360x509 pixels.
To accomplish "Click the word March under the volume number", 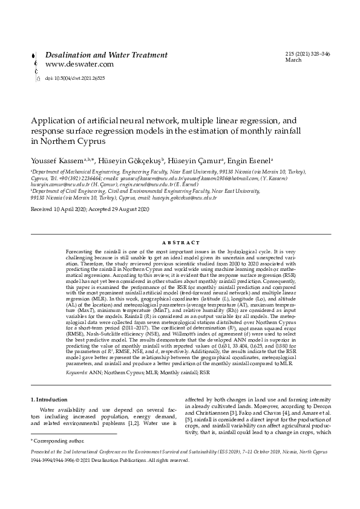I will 293,61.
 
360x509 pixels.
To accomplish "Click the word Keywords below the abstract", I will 75,356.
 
